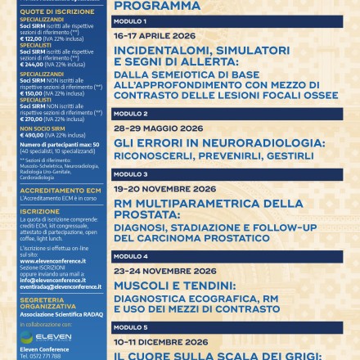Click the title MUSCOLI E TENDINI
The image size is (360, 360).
click(174, 286)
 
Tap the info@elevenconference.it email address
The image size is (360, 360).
click(53, 280)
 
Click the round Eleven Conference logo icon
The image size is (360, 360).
click(27, 337)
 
